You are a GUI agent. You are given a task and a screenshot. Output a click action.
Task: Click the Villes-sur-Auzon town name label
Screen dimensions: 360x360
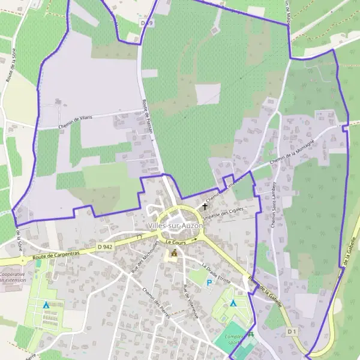tap(175, 225)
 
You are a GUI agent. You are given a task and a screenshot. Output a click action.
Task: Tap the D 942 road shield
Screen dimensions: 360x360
tap(105, 247)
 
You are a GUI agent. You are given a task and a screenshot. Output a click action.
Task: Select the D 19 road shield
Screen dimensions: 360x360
tap(147, 23)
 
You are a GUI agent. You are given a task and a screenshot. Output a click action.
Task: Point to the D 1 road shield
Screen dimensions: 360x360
tap(292, 331)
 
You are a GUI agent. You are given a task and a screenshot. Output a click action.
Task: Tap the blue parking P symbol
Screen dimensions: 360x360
tap(209, 283)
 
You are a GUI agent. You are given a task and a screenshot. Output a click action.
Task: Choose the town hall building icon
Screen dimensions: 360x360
tap(174, 254)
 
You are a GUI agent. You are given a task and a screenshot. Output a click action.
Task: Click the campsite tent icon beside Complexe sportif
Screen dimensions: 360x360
tap(233, 303)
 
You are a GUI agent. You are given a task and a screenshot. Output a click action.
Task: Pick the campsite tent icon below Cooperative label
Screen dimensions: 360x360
tap(46, 305)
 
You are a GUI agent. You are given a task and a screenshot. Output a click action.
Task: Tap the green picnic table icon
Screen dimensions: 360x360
tap(251, 335)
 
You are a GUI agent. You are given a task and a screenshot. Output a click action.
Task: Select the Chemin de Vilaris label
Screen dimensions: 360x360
tap(76, 122)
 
